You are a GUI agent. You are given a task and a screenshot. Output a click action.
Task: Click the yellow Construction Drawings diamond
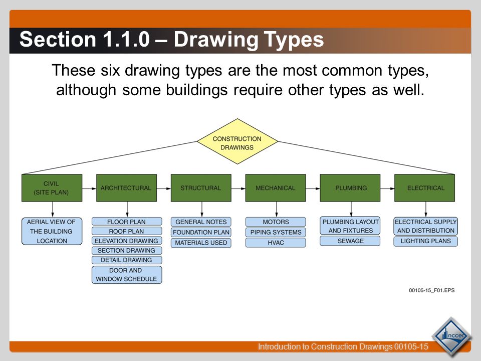click(x=237, y=141)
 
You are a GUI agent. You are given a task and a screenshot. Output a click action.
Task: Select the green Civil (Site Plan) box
click(x=52, y=188)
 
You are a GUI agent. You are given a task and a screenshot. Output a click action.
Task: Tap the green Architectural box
click(x=126, y=188)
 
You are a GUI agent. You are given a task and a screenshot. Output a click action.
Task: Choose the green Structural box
click(x=201, y=188)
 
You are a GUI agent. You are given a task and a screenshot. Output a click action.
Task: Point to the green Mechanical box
click(x=275, y=188)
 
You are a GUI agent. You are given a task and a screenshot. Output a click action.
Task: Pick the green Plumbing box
click(x=351, y=188)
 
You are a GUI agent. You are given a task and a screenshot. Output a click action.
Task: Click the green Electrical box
click(x=425, y=188)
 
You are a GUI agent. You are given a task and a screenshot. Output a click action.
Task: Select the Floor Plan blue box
click(x=127, y=222)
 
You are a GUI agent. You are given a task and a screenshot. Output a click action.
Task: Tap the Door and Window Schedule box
click(x=127, y=275)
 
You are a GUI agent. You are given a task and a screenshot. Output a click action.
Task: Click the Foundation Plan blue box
click(x=201, y=232)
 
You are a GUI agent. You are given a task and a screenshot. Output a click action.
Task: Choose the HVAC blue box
click(x=275, y=243)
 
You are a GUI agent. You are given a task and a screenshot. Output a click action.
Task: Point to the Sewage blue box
click(x=351, y=241)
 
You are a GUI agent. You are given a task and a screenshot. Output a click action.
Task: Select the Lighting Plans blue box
click(x=425, y=241)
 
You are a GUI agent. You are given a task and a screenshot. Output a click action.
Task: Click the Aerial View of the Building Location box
click(x=52, y=231)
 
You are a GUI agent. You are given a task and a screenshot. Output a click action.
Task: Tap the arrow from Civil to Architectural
click(x=89, y=189)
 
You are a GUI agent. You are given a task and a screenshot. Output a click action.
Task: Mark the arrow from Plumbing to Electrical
click(x=387, y=189)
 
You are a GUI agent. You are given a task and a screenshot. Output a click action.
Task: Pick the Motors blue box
click(x=275, y=222)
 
